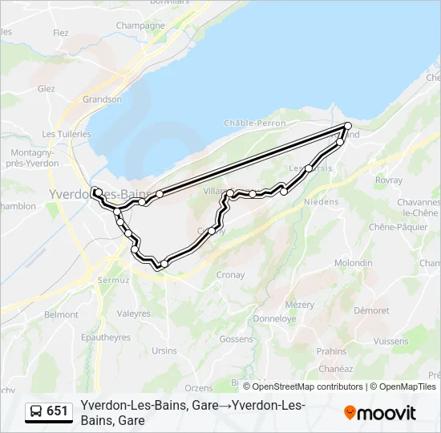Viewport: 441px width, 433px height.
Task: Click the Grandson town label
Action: coord(103,99)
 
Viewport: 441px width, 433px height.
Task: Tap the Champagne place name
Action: coord(140,26)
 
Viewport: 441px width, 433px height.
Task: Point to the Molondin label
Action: coord(353,263)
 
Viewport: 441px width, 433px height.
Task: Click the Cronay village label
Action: coord(230,274)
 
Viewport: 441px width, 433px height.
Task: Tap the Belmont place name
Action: coord(61,315)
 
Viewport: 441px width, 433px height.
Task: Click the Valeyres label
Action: coord(134,314)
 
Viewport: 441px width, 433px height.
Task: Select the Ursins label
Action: coord(164,350)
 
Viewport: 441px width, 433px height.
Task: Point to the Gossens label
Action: coord(236,339)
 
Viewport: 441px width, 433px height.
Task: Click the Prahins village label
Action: coord(332,351)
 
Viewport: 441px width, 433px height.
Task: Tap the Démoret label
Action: coord(371,310)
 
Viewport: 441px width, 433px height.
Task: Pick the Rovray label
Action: coord(388,180)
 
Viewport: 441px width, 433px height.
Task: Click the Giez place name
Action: coord(46,88)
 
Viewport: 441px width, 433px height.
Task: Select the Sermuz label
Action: coord(113,281)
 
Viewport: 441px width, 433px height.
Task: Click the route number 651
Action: coord(58,411)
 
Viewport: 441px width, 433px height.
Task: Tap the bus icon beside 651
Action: coord(37,411)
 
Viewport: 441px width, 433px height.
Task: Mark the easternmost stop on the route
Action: coord(348,126)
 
